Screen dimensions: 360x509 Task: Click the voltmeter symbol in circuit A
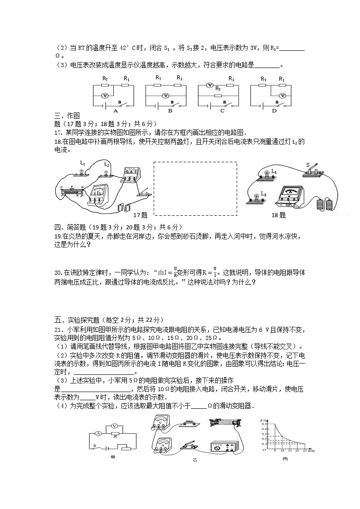pos(104,96)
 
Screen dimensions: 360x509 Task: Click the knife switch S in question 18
pos(313,170)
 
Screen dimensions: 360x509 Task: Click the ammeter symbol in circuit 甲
pos(97,434)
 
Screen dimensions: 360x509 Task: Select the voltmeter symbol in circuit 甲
pos(115,426)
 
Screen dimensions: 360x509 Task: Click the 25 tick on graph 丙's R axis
pos(303,451)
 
